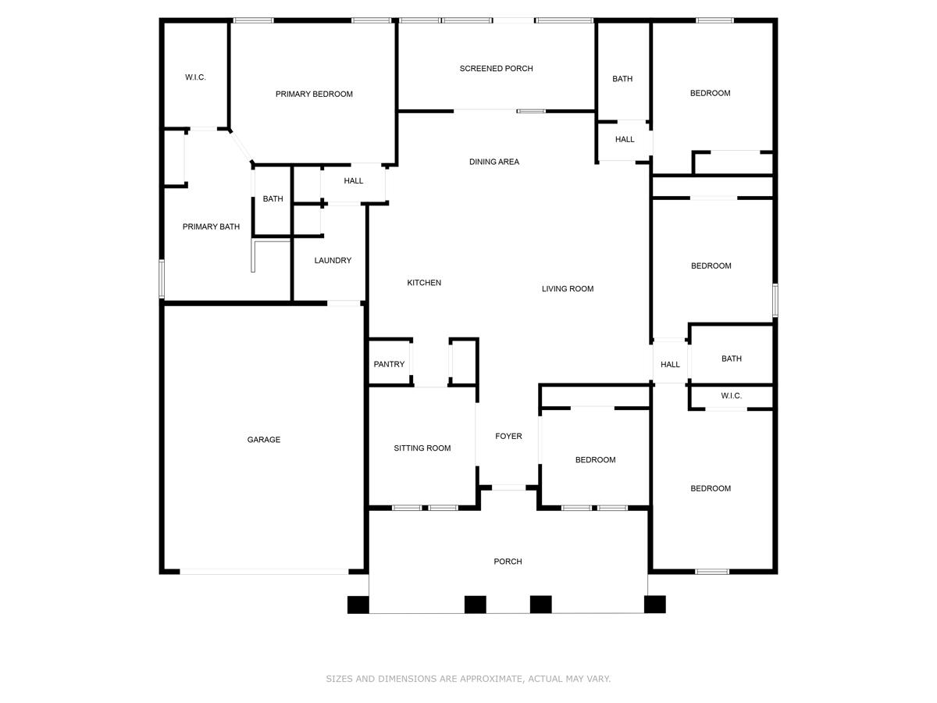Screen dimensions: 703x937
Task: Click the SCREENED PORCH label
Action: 496,69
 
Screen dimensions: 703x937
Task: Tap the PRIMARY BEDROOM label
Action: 314,95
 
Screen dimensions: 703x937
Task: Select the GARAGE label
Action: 263,440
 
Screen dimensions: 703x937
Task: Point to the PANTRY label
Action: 389,364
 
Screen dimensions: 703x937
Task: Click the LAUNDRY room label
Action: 333,261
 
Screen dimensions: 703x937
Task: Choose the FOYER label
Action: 508,437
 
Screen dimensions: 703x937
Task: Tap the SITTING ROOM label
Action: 422,448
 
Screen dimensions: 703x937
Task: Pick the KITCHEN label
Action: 424,283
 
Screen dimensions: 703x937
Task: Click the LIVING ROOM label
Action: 568,289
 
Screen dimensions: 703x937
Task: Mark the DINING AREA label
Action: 493,162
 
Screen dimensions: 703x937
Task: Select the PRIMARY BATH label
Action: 211,227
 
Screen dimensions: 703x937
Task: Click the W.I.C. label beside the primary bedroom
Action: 195,77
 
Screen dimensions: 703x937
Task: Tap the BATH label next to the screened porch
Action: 622,79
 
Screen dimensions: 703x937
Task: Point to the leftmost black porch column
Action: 358,605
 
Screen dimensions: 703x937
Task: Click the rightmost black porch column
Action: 654,605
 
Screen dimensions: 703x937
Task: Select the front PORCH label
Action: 508,562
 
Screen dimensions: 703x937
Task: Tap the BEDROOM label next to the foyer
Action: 595,460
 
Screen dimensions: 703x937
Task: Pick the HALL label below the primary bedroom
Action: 353,181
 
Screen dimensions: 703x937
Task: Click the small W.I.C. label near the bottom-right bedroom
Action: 731,396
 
